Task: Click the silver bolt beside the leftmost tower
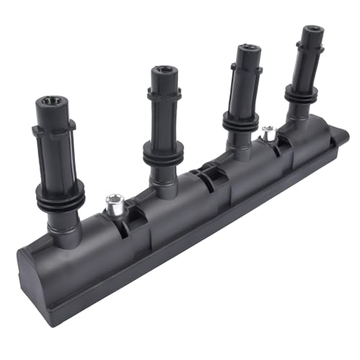point(113,204)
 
